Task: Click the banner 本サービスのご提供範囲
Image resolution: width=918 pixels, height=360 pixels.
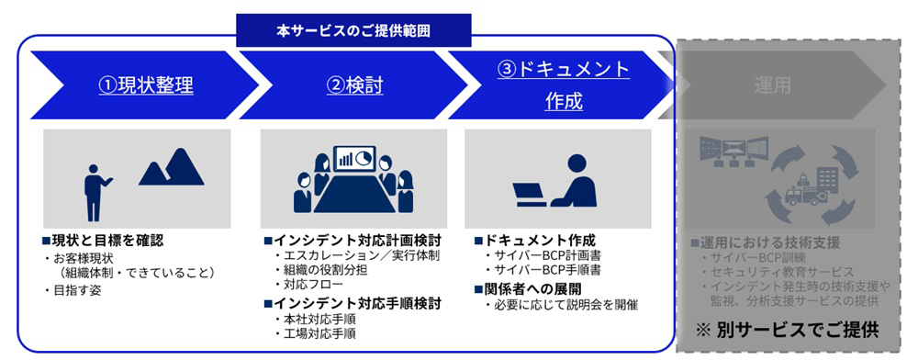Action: [x=353, y=30]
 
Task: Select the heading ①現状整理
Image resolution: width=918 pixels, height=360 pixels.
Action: [x=146, y=85]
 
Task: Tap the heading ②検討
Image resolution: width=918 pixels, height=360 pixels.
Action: [x=354, y=85]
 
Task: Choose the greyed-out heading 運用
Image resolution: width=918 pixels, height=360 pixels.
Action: [x=772, y=84]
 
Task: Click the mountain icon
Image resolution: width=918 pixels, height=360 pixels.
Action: [x=172, y=167]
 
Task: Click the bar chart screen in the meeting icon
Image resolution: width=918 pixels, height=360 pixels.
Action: [x=354, y=158]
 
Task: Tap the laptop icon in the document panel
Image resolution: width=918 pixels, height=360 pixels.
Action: [x=530, y=194]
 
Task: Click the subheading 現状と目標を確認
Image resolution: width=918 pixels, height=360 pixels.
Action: [x=103, y=241]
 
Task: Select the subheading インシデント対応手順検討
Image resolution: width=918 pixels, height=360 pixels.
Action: [x=353, y=304]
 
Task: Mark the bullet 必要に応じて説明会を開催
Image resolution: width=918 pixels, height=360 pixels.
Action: [x=562, y=305]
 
